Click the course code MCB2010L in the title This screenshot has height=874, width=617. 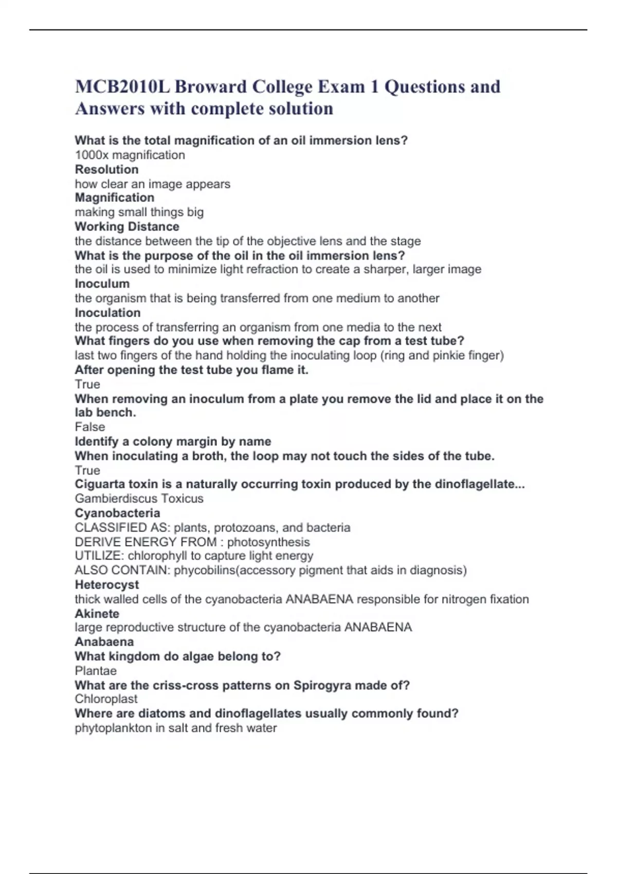click(x=122, y=86)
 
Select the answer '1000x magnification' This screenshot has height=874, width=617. click(x=130, y=155)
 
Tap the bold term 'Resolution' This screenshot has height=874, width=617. click(x=106, y=169)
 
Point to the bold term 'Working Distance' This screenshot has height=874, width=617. click(x=127, y=226)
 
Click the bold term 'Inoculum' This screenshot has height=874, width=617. click(x=102, y=283)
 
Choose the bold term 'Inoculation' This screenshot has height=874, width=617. click(x=107, y=313)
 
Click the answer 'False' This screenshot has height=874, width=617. click(x=90, y=427)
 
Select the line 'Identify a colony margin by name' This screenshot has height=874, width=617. click(x=173, y=441)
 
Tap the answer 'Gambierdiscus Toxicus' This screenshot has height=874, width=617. click(x=139, y=498)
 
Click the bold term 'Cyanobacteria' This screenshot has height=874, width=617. click(x=117, y=513)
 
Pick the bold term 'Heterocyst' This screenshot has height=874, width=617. click(x=107, y=585)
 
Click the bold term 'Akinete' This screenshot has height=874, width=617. click(x=97, y=613)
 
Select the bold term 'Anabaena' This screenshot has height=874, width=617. click(x=104, y=642)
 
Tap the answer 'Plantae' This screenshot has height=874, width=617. click(x=96, y=670)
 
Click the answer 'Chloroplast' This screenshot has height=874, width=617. click(x=106, y=699)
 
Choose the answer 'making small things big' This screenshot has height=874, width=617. click(x=139, y=212)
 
